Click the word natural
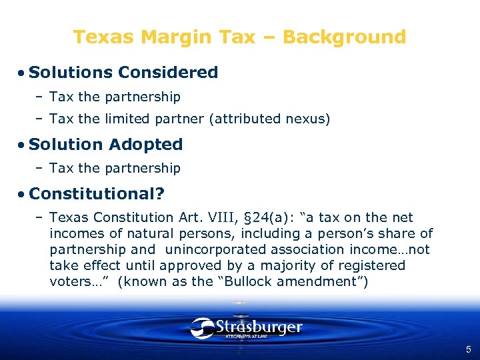pos(152,233)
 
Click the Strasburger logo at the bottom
pos(246,328)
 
